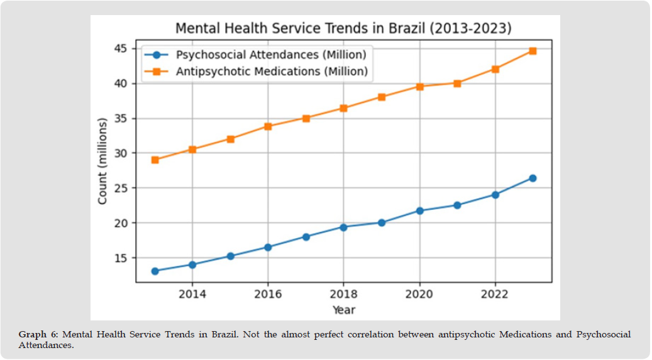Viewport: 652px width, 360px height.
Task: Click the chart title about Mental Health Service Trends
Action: [x=343, y=29]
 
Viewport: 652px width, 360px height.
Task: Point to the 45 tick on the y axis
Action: [x=121, y=48]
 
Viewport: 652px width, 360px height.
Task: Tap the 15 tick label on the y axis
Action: [x=121, y=258]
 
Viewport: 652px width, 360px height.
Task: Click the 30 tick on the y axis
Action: [x=121, y=153]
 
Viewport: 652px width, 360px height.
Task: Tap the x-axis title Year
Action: [x=343, y=310]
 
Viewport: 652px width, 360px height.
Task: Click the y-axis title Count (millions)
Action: [x=102, y=160]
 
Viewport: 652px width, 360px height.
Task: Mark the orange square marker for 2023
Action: [x=533, y=51]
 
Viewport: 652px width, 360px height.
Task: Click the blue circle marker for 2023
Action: [x=533, y=178]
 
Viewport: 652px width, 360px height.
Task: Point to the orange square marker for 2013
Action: [x=155, y=160]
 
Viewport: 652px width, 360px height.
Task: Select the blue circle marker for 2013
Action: [x=155, y=271]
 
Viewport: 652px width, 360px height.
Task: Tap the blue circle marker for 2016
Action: [x=268, y=247]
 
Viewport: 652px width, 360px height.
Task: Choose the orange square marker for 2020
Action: [x=419, y=87]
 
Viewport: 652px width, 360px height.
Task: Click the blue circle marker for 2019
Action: [x=382, y=222]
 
